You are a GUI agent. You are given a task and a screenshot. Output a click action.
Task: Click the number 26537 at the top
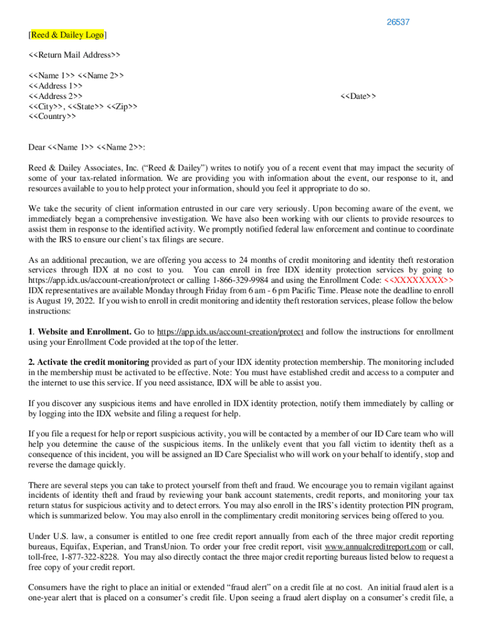click(x=398, y=22)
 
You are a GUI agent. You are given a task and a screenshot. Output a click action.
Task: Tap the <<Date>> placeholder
click(x=358, y=96)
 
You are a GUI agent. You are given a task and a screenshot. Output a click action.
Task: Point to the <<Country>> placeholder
click(x=53, y=116)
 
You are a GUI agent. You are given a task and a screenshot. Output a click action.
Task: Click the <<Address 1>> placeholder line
click(x=55, y=86)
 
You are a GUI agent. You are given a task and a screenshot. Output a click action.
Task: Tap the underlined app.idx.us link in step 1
click(x=230, y=332)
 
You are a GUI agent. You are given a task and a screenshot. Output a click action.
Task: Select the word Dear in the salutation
click(x=37, y=147)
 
